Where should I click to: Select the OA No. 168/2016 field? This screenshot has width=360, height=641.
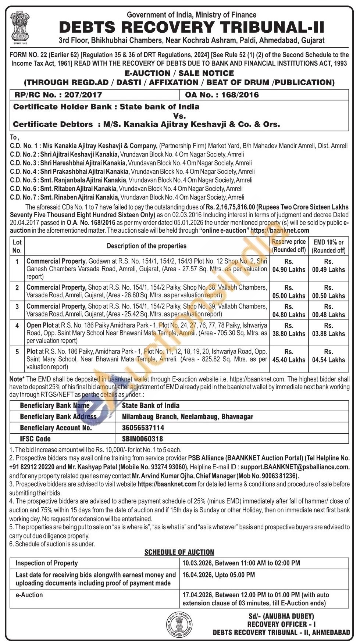coord(222,95)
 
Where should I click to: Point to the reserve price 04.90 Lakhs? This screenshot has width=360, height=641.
coord(289,269)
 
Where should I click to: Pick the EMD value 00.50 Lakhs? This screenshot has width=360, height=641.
coord(328,296)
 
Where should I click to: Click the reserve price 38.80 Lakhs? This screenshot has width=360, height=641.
coord(289,333)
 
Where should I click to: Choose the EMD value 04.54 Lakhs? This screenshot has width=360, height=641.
coord(328,359)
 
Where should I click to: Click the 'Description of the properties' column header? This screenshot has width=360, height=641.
coord(146,246)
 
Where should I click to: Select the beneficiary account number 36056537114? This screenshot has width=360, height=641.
coord(143,427)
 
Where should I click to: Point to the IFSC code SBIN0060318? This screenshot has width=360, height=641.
coord(142,438)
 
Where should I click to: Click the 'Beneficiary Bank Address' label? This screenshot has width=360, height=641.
coord(58,416)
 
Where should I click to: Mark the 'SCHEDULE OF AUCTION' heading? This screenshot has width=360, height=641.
coord(179,552)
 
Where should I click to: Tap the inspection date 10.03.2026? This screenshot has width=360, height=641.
coord(197,563)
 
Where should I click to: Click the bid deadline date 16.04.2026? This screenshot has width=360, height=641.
coord(197,574)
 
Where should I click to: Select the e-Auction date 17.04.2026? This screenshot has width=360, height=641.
coord(197,595)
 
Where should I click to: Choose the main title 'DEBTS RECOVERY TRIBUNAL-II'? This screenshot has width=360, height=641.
coord(192,28)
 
